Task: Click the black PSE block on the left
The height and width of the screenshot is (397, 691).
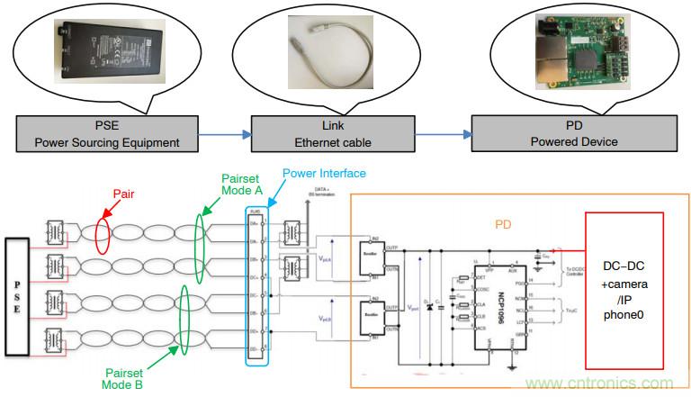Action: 20,291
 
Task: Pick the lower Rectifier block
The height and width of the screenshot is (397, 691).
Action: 372,314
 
